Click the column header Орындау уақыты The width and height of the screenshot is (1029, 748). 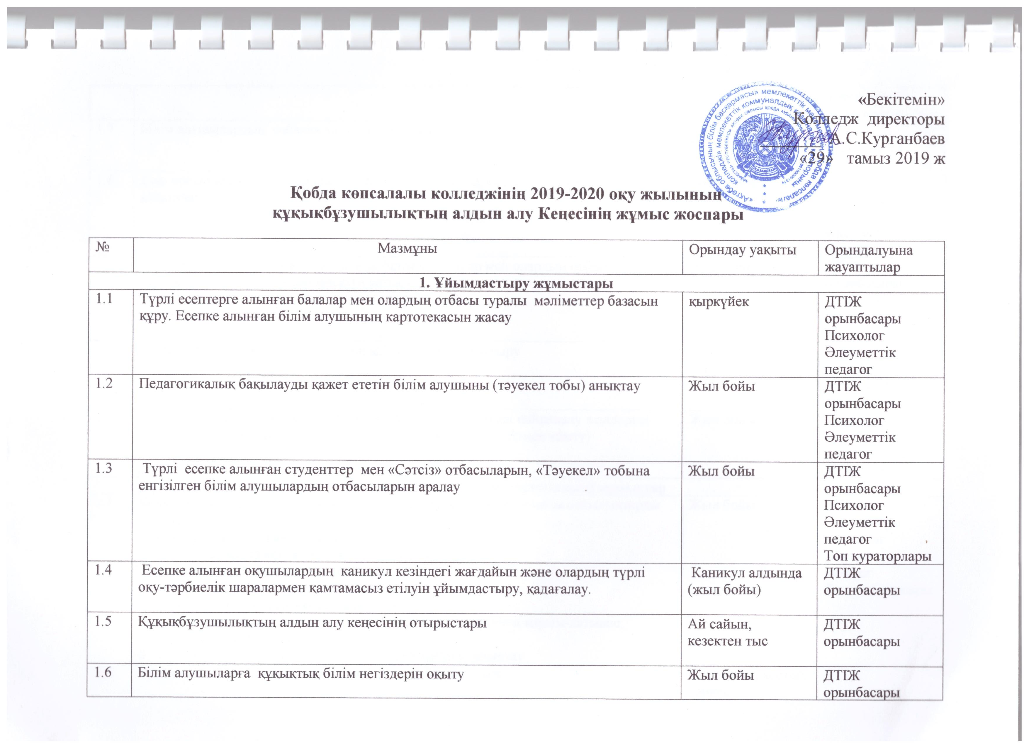pyautogui.click(x=743, y=249)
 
